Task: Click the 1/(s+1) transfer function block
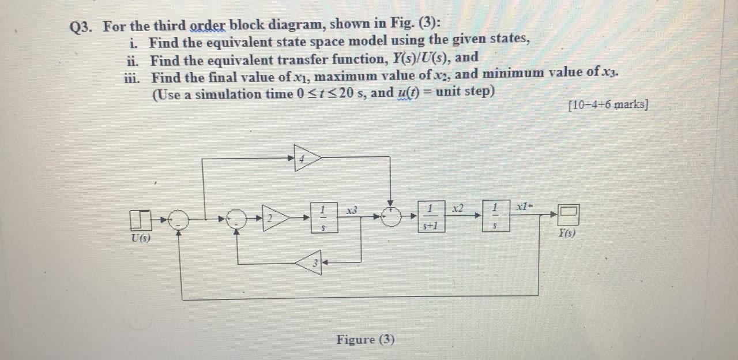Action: click(431, 217)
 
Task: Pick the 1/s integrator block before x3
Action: click(325, 217)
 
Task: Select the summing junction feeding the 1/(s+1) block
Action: click(392, 217)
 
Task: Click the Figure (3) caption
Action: click(366, 339)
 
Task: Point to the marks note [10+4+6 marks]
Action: click(608, 105)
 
